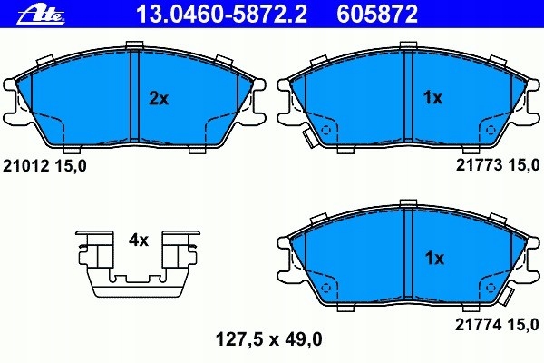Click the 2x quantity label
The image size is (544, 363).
click(x=159, y=99)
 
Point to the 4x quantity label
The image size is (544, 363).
click(x=138, y=240)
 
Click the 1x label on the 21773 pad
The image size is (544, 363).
click(x=433, y=99)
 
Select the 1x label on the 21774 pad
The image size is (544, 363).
click(x=433, y=259)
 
